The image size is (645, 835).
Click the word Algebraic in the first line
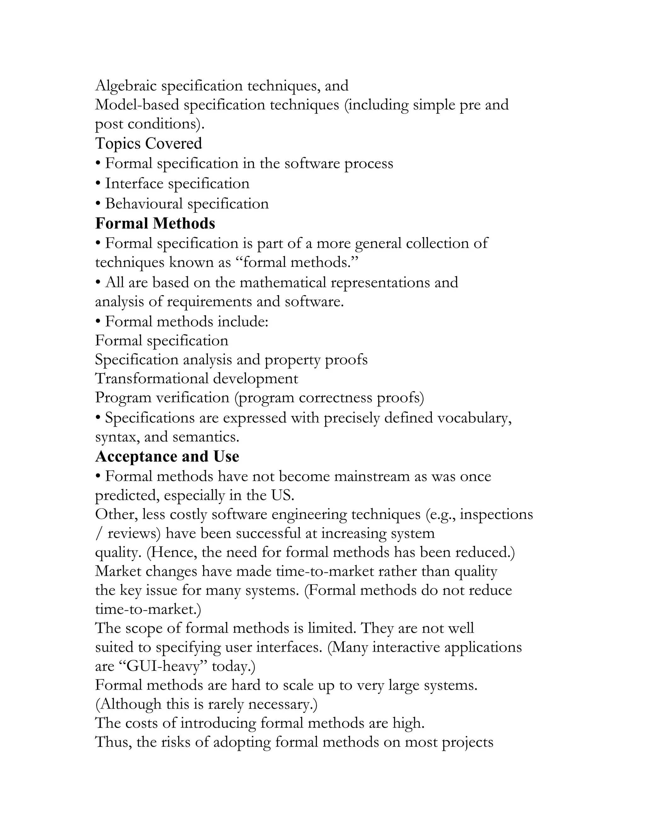click(126, 86)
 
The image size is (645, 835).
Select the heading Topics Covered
click(148, 143)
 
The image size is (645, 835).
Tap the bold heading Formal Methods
click(155, 223)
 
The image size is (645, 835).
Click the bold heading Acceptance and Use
click(167, 456)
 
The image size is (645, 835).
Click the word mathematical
click(283, 283)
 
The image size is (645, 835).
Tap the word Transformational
click(151, 378)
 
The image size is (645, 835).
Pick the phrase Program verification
click(162, 398)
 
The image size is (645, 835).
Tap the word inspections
click(496, 515)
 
